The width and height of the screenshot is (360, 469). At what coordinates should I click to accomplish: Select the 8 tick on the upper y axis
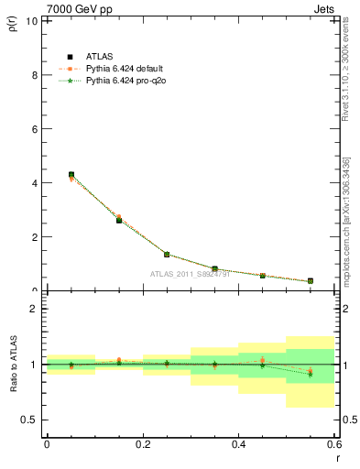(34, 74)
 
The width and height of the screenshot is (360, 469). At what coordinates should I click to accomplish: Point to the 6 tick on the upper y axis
(34, 128)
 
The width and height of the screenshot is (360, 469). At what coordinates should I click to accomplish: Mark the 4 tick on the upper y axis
(34, 182)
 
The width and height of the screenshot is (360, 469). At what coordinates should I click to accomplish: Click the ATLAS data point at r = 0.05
(71, 174)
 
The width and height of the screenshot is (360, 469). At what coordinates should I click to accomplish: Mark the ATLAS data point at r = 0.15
(119, 220)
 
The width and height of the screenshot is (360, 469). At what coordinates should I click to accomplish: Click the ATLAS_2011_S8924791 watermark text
(191, 273)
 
